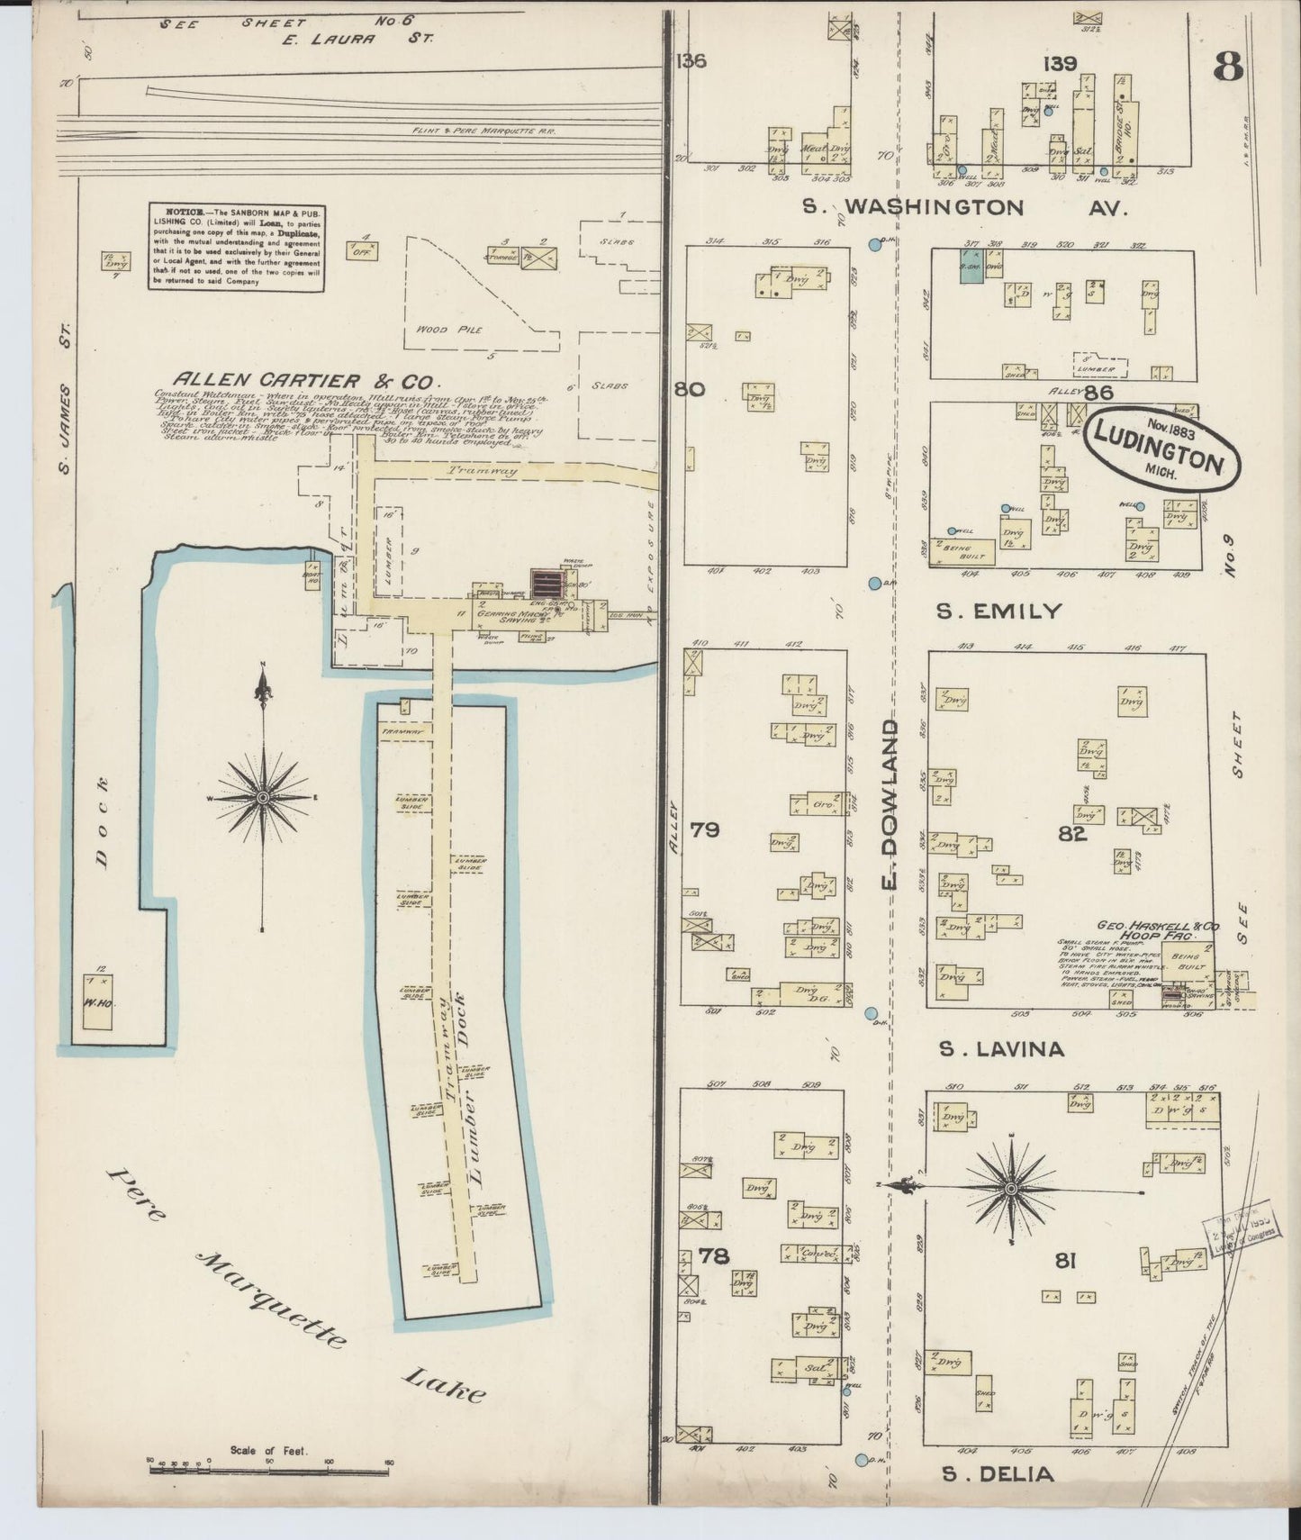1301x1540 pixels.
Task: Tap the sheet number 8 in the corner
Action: [x=1228, y=68]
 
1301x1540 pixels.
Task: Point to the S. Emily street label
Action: [x=998, y=611]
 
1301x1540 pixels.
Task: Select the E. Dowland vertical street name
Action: [x=890, y=802]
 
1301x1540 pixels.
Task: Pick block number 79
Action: [x=704, y=829]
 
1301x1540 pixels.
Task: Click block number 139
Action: [x=1060, y=63]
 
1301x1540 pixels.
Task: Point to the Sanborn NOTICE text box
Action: [x=236, y=246]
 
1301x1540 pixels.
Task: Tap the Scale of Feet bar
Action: [x=270, y=1469]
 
